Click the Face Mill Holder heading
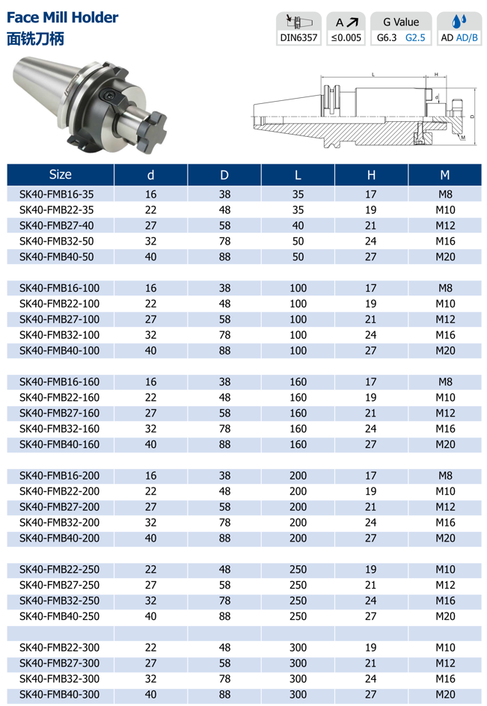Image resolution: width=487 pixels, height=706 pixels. pyautogui.click(x=62, y=16)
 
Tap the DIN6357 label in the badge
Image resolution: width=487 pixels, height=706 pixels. pyautogui.click(x=298, y=37)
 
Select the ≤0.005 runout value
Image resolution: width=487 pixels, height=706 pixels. pyautogui.click(x=346, y=37)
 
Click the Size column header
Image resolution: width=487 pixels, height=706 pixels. pyautogui.click(x=60, y=175)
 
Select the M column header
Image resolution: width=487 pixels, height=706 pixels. pyautogui.click(x=445, y=175)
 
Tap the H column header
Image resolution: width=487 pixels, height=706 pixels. pyautogui.click(x=371, y=175)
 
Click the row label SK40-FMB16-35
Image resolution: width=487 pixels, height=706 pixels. pyautogui.click(x=57, y=194)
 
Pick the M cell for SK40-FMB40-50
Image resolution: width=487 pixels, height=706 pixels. pyautogui.click(x=445, y=257)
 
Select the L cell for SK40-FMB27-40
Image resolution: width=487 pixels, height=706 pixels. pyautogui.click(x=298, y=225)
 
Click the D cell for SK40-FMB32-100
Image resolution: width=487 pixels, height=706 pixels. pyautogui.click(x=224, y=335)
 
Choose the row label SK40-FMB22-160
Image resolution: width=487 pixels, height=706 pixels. pyautogui.click(x=59, y=397)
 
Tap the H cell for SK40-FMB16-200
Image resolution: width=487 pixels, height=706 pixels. pyautogui.click(x=371, y=476)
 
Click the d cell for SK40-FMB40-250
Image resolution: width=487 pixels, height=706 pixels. pyautogui.click(x=151, y=616)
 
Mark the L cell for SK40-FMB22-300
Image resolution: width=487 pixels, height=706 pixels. pyautogui.click(x=298, y=647)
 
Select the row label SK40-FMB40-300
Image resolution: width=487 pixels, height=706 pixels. pyautogui.click(x=59, y=694)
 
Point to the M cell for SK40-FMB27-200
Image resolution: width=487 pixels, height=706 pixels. pyautogui.click(x=445, y=507)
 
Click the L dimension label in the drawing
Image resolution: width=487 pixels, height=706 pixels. pyautogui.click(x=373, y=74)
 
